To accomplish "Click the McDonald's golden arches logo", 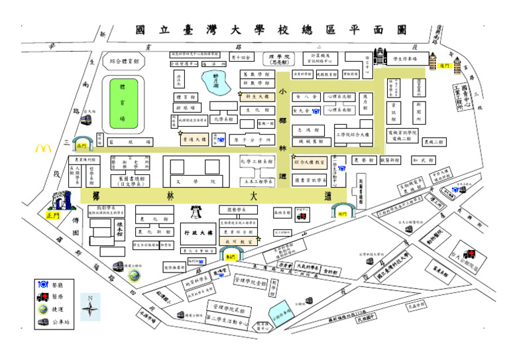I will tap(43, 149).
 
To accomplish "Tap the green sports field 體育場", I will tap(122, 103).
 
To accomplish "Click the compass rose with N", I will tap(90, 307).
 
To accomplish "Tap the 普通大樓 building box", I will tap(194, 140).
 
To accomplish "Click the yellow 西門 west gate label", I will tap(82, 145).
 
